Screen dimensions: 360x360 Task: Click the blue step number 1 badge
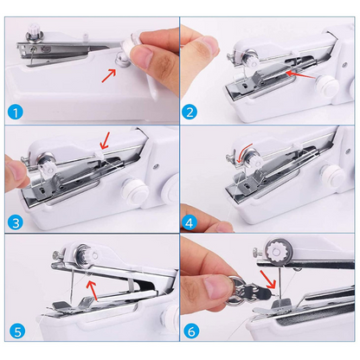[x=16, y=112]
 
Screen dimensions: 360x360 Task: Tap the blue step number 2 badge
[x=190, y=112]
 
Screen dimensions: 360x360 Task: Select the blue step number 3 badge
[x=16, y=222]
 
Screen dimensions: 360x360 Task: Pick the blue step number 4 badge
[x=190, y=222]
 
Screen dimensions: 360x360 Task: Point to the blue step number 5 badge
[x=17, y=331]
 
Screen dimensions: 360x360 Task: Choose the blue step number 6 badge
[x=191, y=331]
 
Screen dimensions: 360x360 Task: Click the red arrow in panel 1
[x=109, y=75]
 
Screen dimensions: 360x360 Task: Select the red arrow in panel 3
[x=104, y=141]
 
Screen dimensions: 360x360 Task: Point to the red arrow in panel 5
[x=93, y=291]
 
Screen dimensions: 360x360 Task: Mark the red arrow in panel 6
[x=268, y=279]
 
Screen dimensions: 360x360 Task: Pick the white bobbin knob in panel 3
[x=135, y=190]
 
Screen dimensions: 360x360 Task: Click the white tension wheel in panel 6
[x=276, y=251]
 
